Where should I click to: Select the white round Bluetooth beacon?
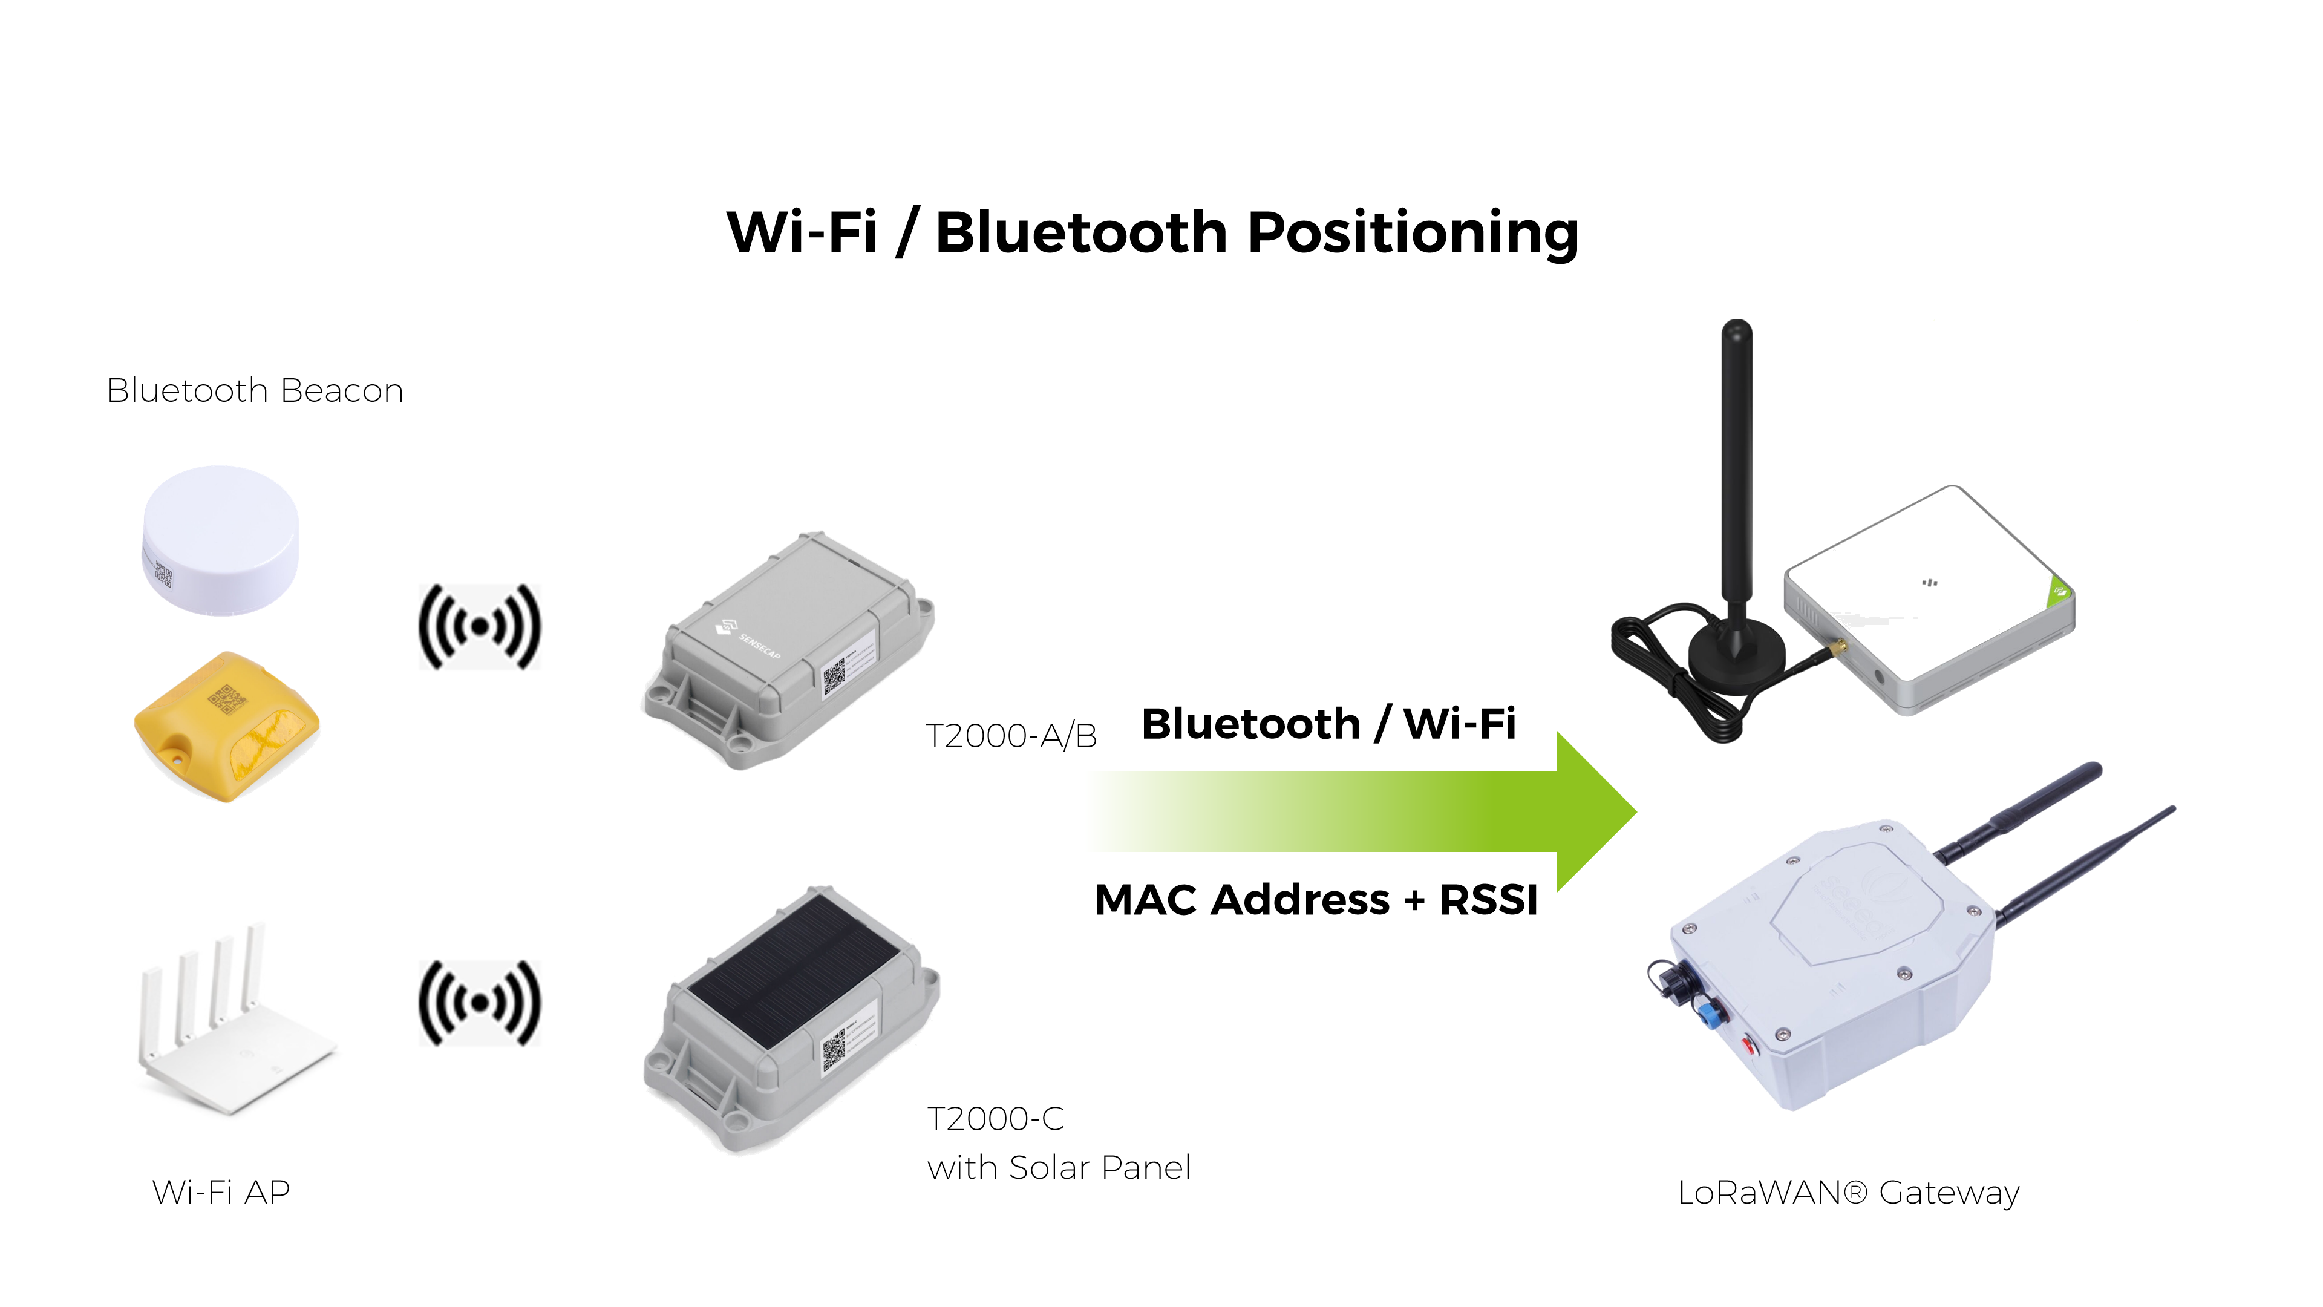(220, 539)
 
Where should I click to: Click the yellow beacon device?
(226, 726)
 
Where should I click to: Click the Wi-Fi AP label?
(221, 1193)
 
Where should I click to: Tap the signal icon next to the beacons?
(480, 626)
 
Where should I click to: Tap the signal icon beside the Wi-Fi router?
(480, 1003)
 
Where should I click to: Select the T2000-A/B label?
(1011, 736)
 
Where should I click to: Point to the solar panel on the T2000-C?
(794, 969)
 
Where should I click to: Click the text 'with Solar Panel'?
(1059, 1168)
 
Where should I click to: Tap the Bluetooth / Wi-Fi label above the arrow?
(1328, 724)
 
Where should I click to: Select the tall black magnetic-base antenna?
(1736, 505)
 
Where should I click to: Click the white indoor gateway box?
(1930, 600)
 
